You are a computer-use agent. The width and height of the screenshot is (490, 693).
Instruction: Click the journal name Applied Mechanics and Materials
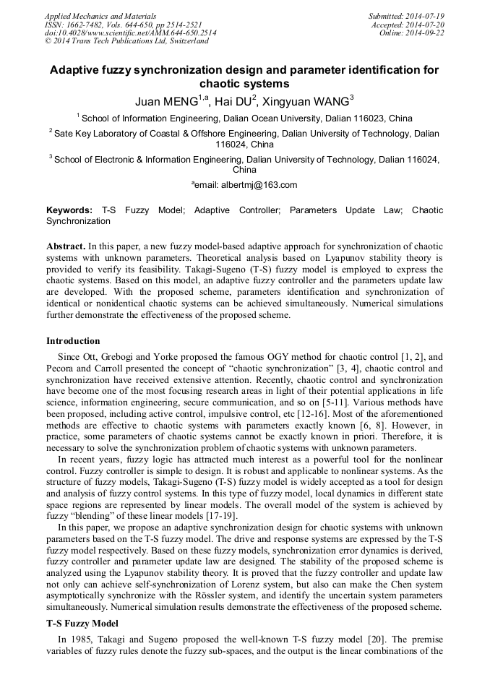[100, 15]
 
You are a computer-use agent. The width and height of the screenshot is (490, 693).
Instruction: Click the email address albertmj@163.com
[249, 185]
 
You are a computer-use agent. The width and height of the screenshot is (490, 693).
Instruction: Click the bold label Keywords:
[69, 210]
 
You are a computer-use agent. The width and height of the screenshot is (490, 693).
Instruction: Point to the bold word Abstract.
[66, 246]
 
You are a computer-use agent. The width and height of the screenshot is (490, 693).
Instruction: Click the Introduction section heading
[73, 340]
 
